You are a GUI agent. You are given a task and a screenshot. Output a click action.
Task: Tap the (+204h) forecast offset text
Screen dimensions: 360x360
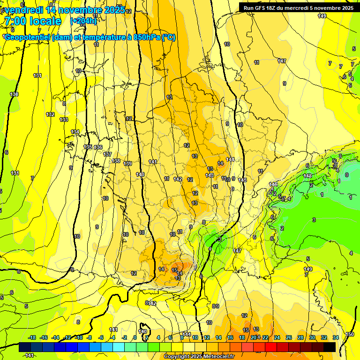[83, 21]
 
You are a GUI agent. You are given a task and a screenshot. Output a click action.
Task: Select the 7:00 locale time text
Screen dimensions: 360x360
[32, 22]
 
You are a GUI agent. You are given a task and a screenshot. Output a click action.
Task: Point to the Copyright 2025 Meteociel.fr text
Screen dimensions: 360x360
[199, 357]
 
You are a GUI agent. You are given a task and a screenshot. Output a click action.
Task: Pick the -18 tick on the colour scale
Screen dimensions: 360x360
[32, 337]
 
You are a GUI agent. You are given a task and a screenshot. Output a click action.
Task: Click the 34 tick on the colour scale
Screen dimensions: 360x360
[336, 337]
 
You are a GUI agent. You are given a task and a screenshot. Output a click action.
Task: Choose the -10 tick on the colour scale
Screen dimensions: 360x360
[79, 337]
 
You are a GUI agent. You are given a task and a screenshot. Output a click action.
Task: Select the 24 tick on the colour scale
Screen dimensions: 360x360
[277, 337]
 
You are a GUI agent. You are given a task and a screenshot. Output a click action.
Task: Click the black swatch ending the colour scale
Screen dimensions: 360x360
[330, 347]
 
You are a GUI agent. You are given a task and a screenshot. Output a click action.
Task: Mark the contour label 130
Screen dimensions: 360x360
[14, 94]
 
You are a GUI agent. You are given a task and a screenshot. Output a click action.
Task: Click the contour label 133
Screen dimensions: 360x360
[64, 120]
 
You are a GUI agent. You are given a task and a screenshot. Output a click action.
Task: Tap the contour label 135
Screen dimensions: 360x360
[88, 147]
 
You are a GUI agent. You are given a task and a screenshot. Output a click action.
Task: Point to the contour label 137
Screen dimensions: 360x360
[107, 154]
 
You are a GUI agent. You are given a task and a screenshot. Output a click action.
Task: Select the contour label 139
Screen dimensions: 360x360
[127, 164]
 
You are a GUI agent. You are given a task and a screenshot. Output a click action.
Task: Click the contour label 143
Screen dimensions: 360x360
[210, 175]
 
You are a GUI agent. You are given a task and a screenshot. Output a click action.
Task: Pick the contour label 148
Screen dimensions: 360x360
[307, 176]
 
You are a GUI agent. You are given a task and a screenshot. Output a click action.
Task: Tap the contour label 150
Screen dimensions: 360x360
[350, 334]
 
